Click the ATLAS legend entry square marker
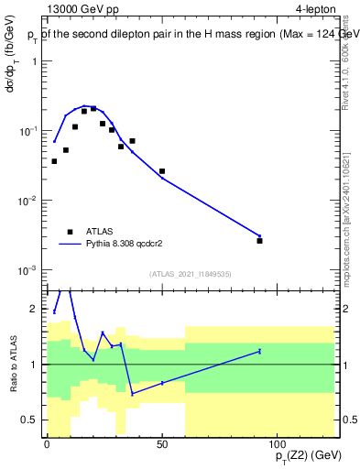tap(70, 232)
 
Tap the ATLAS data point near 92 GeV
tap(259, 241)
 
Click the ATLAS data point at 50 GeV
tap(162, 171)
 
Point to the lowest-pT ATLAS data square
tap(54, 161)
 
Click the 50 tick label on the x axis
tap(161, 444)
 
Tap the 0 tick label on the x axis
tap(47, 444)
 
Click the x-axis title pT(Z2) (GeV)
tap(303, 456)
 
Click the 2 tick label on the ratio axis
tap(35, 309)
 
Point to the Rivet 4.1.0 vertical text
tap(345, 55)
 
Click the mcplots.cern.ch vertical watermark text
tap(345, 211)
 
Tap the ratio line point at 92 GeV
tap(259, 351)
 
